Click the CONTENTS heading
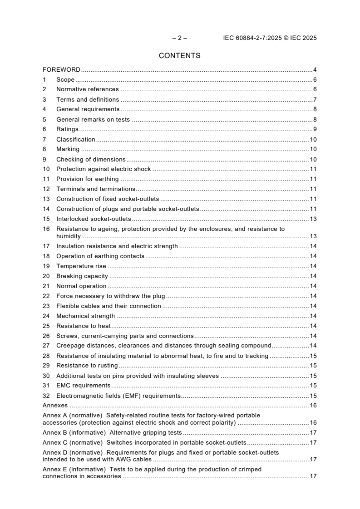(x=179, y=56)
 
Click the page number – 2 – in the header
(x=179, y=38)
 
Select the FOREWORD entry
(x=61, y=70)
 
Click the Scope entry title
(x=65, y=80)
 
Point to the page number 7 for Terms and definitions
(x=315, y=100)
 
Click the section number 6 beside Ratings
(x=44, y=129)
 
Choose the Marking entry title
(x=68, y=149)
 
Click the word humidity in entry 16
(x=68, y=236)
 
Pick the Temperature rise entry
(x=81, y=266)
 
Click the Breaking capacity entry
(x=82, y=276)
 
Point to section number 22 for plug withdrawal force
(x=46, y=296)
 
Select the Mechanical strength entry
(x=85, y=316)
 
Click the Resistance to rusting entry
(x=87, y=366)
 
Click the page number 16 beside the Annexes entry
(x=313, y=406)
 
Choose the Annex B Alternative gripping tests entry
(x=112, y=433)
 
